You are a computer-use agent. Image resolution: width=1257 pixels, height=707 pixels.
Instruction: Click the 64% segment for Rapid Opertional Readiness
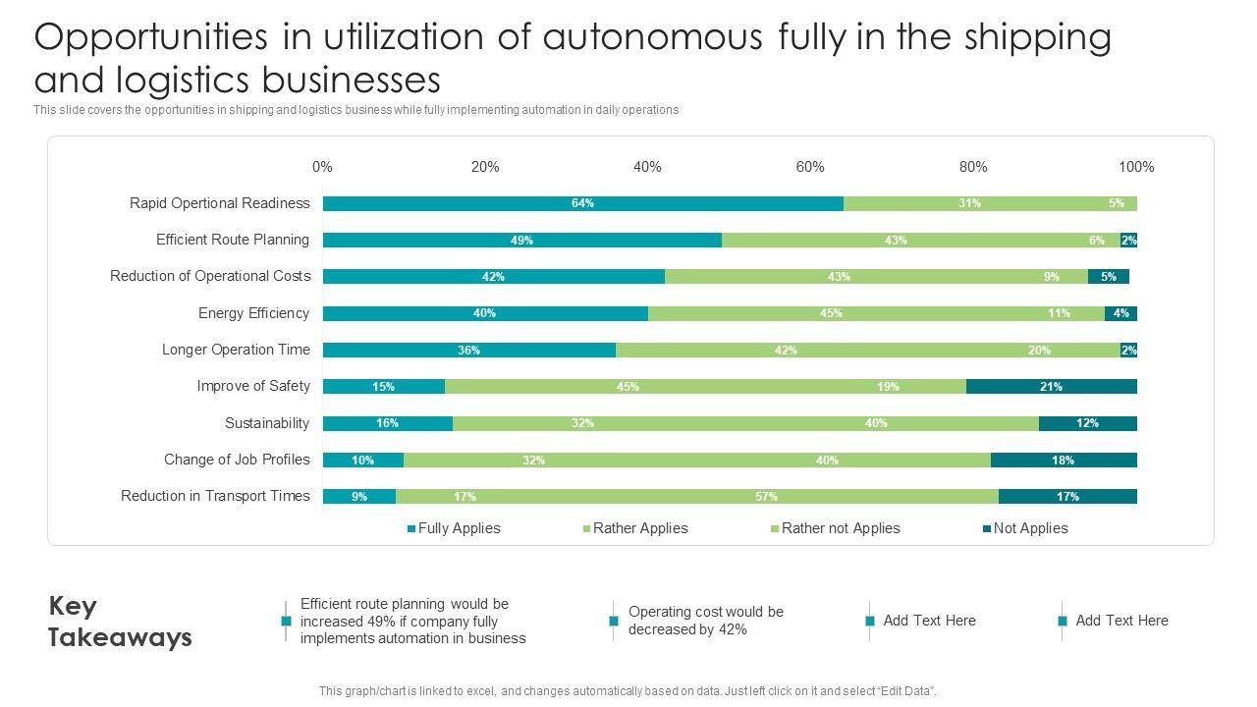[x=582, y=203]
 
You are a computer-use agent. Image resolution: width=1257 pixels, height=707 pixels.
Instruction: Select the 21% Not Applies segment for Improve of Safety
[x=1051, y=387]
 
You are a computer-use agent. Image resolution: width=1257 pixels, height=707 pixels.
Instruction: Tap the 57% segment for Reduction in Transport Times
[x=766, y=497]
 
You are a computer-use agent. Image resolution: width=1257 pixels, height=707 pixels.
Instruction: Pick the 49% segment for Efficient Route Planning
[x=521, y=241]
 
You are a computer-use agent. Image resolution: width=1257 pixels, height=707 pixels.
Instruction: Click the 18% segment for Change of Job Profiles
[x=1063, y=461]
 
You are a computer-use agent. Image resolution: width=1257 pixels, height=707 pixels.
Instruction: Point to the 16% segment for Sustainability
[x=387, y=423]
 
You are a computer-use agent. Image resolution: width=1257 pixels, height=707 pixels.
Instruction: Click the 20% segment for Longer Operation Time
[x=1039, y=351]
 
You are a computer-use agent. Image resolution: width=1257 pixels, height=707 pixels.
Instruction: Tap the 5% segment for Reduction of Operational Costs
[x=1108, y=277]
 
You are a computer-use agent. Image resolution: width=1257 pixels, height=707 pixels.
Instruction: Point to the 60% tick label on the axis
[x=810, y=167]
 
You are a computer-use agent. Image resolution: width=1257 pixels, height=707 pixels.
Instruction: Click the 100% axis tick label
[x=1136, y=167]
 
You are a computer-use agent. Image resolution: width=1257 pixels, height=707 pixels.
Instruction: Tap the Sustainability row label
[x=267, y=423]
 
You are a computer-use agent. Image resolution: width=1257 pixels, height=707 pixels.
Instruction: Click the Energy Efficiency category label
[x=253, y=313]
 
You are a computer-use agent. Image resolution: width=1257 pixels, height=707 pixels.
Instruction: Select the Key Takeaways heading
[x=120, y=622]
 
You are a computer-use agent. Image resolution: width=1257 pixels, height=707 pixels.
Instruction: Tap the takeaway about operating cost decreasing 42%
[x=705, y=621]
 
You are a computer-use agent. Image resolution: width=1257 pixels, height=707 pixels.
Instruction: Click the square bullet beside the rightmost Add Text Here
[x=1062, y=622]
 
